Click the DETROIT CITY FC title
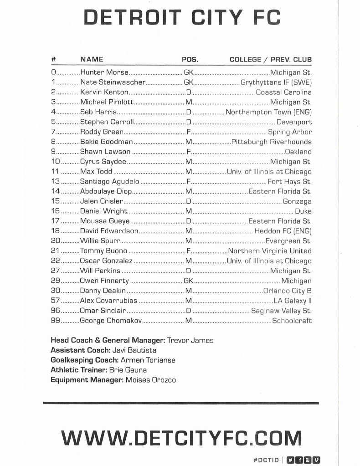point(182,18)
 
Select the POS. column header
point(190,59)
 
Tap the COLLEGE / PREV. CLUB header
point(271,59)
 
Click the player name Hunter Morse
point(104,72)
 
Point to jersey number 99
point(55,321)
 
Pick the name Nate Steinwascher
point(113,82)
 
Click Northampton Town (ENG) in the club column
point(268,112)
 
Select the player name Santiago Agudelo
point(109,182)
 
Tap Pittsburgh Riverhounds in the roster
point(272,142)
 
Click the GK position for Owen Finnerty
point(188,281)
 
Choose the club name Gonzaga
point(297,201)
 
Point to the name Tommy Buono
point(103,251)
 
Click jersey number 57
point(55,301)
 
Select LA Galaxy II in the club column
point(292,301)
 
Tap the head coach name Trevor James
point(190,340)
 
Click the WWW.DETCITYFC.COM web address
point(181,438)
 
